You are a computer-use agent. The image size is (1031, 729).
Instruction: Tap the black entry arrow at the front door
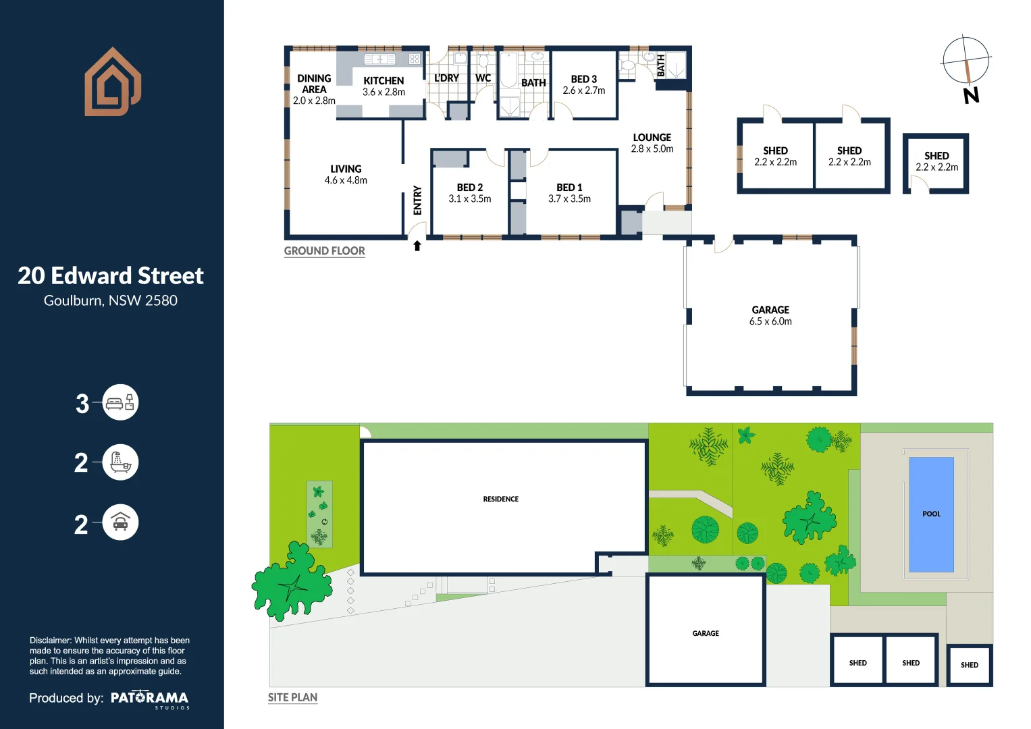coord(417,246)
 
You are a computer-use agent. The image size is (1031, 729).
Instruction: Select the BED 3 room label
coord(583,79)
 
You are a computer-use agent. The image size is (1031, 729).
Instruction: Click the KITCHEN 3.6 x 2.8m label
coord(384,86)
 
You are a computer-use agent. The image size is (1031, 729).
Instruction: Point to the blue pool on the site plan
coord(931,514)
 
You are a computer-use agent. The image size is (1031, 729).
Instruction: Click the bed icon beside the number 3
coord(120,403)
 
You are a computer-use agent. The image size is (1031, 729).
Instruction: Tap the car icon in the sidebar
coord(120,522)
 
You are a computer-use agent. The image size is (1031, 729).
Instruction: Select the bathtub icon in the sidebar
coord(120,463)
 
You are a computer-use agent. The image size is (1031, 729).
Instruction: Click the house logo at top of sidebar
coord(112,82)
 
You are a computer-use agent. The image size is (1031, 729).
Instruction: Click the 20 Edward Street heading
coord(111,275)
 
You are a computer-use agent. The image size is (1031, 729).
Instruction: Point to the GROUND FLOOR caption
coord(324,251)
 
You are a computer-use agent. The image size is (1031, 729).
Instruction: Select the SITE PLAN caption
coord(292,697)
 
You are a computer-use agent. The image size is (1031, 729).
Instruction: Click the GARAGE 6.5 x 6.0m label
coord(770,315)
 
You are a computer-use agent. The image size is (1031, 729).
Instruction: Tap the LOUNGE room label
coord(652,137)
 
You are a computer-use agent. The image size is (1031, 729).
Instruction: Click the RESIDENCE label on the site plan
coord(500,500)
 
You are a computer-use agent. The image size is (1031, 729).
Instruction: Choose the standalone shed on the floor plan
coord(936,163)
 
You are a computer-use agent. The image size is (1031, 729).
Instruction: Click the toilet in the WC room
coord(483,61)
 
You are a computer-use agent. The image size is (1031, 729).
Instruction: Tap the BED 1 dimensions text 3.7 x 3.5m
coord(569,199)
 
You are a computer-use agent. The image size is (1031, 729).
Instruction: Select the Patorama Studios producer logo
coord(149,699)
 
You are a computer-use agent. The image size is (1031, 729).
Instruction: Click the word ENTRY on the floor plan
coord(417,200)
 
